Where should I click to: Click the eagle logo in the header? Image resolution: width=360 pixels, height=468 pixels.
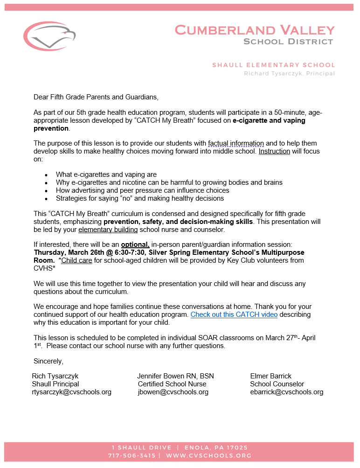point(49,36)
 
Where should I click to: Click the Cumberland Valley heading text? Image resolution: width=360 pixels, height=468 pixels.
point(255,30)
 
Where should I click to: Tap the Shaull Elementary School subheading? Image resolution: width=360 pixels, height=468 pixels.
point(273,65)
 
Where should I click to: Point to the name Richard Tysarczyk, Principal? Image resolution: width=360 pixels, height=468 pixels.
point(289,74)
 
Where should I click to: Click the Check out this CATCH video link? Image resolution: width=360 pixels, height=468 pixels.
point(234,314)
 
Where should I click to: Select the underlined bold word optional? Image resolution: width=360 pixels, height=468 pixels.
point(135,244)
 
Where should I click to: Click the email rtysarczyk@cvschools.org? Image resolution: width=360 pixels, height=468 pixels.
point(71,392)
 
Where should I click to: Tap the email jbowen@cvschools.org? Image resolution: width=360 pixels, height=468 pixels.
point(173,392)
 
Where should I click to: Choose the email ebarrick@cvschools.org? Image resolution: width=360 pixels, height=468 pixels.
point(286,392)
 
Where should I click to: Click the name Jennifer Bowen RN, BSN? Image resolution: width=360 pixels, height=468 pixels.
point(175,376)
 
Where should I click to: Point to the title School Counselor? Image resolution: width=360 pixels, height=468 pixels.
point(277,384)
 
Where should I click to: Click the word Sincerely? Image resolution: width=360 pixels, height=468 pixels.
point(48,361)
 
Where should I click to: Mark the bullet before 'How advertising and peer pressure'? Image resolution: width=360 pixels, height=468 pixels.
point(46,191)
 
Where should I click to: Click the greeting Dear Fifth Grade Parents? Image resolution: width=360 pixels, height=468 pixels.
point(96,97)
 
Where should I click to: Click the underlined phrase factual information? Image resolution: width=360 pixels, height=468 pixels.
point(236,143)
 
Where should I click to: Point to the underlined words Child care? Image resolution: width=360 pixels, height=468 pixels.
point(76,260)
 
